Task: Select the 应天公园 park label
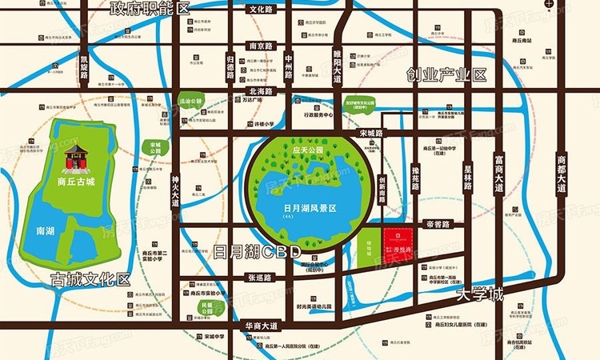[307, 150]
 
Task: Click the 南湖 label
[46, 230]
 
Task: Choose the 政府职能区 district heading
[150, 9]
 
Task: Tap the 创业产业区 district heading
[446, 75]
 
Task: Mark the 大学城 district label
[480, 295]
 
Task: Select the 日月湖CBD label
[257, 252]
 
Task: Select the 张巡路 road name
[259, 277]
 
